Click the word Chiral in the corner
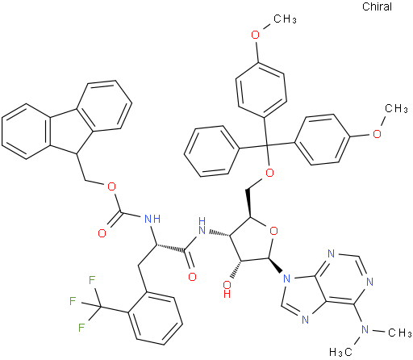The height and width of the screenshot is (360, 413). pos(377,6)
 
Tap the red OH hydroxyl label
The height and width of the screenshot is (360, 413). pos(227,289)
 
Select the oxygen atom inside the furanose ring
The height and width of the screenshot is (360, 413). pos(273,231)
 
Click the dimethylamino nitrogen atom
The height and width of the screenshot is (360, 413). pos(365,329)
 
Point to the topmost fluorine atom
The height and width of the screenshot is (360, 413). pos(92,280)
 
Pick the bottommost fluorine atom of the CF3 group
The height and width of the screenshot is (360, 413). pos(81,328)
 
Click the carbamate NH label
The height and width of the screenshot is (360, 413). pos(152,219)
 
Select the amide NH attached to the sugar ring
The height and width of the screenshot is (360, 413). pos(201,226)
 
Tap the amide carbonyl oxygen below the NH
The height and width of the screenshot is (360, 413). pos(192,277)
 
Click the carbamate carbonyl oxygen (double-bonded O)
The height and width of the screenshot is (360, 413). pos(102,233)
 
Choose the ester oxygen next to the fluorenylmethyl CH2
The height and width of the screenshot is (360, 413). pos(111,186)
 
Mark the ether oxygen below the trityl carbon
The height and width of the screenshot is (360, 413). pos(269,173)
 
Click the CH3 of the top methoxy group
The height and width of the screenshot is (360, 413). pos(286,19)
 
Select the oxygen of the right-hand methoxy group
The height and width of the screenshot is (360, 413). pos(377,133)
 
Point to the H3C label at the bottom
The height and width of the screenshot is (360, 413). pos(340,351)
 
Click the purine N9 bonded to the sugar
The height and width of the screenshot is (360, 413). pos(286,278)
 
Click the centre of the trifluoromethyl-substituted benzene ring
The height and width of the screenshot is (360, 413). pos(156,318)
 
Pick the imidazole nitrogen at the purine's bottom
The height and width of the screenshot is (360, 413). pos(305,320)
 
